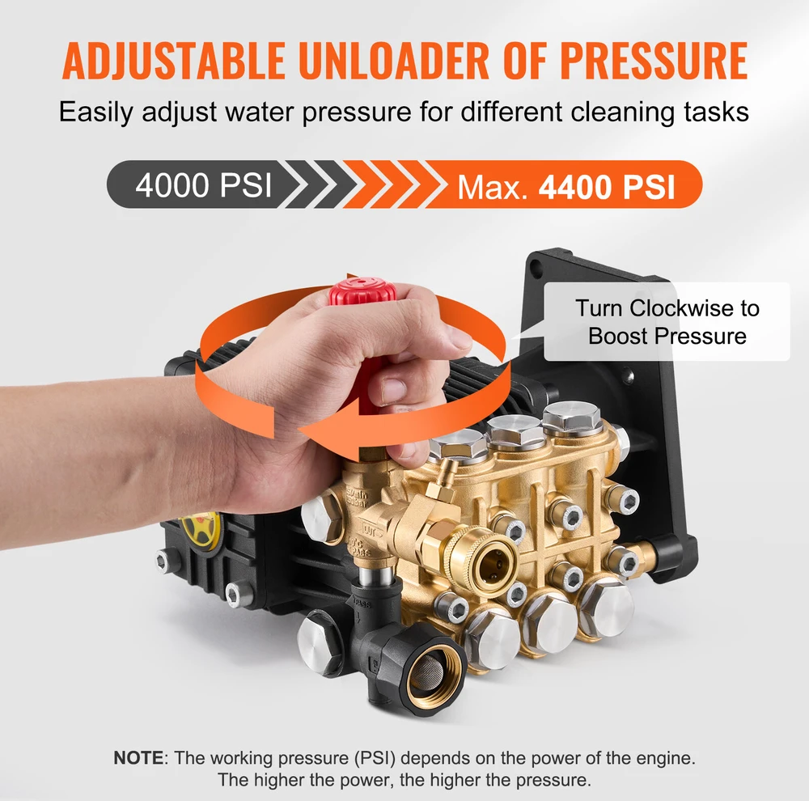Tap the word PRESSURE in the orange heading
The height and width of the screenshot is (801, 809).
(x=654, y=60)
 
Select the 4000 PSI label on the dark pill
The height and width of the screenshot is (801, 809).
(x=203, y=184)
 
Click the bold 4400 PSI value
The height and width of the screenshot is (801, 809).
(x=607, y=186)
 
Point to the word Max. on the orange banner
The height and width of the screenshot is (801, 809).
(x=493, y=187)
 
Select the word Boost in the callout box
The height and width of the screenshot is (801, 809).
(x=618, y=336)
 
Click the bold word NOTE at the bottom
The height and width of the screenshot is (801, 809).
(x=138, y=758)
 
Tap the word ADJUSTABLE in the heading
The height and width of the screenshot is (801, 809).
(x=174, y=60)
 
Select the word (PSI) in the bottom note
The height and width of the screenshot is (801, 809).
(x=375, y=759)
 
